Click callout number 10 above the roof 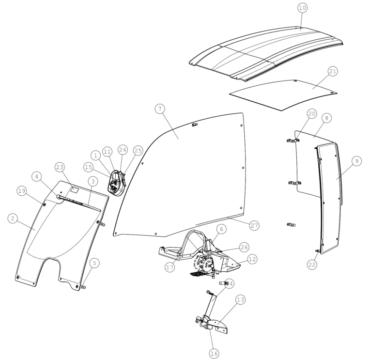[303, 8]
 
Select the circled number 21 [333, 71]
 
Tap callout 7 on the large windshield [160, 109]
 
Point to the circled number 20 [312, 114]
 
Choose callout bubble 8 [327, 118]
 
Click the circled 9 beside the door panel [357, 161]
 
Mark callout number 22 [312, 265]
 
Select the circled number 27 [254, 226]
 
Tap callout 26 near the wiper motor [245, 247]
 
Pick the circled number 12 [252, 259]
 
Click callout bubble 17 [170, 267]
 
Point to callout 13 [240, 299]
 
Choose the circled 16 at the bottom [214, 353]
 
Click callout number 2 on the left [13, 219]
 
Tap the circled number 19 [22, 191]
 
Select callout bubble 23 [60, 168]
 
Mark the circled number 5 [94, 263]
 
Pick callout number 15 [88, 167]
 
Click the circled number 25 [138, 151]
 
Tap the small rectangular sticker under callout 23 [75, 190]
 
